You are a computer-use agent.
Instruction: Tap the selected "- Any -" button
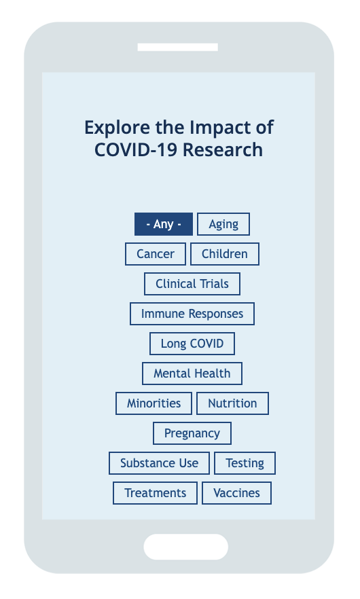point(164,224)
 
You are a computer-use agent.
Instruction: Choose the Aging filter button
point(223,224)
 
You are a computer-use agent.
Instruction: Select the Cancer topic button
point(156,254)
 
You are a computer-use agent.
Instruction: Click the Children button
point(225,254)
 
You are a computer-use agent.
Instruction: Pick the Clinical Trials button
point(192,284)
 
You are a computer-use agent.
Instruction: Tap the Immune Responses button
point(192,314)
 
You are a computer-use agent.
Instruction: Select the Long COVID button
point(192,344)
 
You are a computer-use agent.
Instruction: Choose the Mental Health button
point(192,374)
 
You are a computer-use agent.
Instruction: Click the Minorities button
point(154,403)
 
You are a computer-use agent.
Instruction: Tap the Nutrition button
point(233,403)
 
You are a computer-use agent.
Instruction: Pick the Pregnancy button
point(192,433)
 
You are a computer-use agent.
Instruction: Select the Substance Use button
point(160,463)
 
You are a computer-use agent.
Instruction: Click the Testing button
point(245,463)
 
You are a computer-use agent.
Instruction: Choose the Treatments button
point(155,493)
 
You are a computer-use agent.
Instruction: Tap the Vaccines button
point(237,493)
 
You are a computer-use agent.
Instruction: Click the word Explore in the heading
point(118,128)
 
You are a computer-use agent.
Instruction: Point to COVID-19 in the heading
point(136,149)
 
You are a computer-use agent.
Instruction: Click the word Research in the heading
point(223,149)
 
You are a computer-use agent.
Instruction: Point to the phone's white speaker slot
point(178,48)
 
